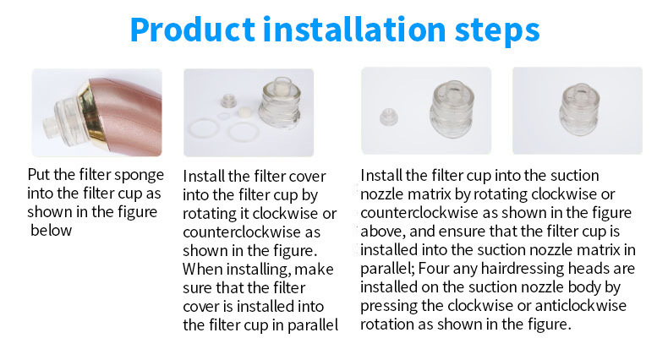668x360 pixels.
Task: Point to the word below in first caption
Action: click(x=52, y=230)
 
